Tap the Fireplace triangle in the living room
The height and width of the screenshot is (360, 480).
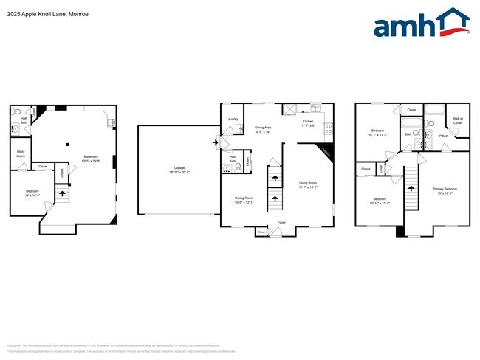point(326,152)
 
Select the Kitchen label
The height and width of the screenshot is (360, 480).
point(308,122)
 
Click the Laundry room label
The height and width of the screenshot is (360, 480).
point(231,119)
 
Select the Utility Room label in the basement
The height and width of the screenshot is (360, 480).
point(21,153)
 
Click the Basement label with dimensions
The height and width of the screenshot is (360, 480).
point(91,158)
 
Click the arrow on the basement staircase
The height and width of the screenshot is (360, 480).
point(62,194)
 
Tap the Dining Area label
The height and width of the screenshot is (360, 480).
point(264,128)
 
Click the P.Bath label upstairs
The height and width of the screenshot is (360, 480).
point(444,136)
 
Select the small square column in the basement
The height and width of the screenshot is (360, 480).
point(67,144)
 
